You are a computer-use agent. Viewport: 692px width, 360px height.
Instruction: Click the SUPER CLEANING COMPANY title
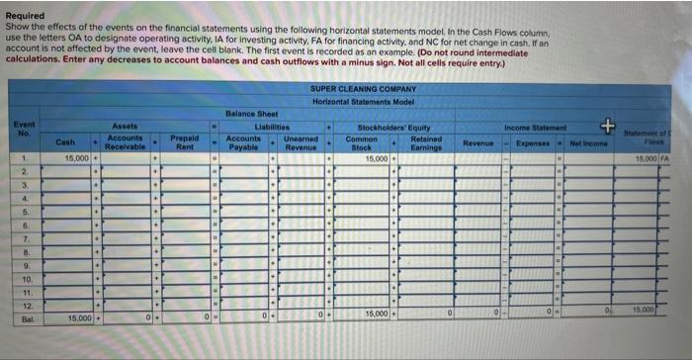click(365, 89)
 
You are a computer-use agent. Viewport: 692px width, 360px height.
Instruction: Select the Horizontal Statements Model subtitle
click(365, 102)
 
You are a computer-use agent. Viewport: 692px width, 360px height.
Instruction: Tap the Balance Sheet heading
click(255, 114)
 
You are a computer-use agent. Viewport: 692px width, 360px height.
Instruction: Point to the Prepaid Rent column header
click(184, 142)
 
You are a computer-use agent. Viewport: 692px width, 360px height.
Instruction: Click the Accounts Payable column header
click(243, 142)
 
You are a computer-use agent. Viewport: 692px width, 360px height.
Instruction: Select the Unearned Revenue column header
click(301, 142)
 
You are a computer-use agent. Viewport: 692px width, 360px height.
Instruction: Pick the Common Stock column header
click(362, 142)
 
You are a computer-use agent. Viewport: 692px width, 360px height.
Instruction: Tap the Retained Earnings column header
click(426, 142)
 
